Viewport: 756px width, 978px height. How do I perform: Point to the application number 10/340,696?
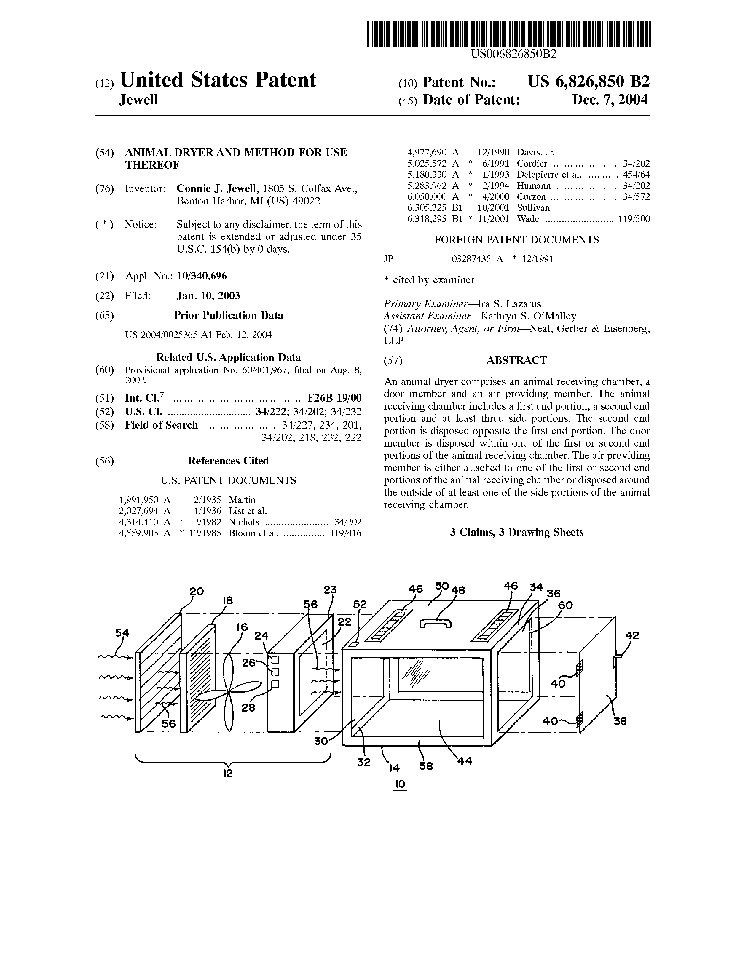[202, 276]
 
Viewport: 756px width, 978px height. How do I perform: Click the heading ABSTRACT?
[516, 360]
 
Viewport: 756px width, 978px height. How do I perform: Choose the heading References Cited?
[228, 461]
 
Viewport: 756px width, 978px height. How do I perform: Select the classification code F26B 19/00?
[334, 398]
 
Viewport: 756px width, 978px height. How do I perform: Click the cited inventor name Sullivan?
[533, 208]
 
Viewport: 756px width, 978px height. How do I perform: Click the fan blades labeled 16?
[229, 692]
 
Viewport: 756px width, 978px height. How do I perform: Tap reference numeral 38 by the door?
[620, 721]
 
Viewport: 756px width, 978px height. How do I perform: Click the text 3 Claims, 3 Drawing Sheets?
[516, 533]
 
